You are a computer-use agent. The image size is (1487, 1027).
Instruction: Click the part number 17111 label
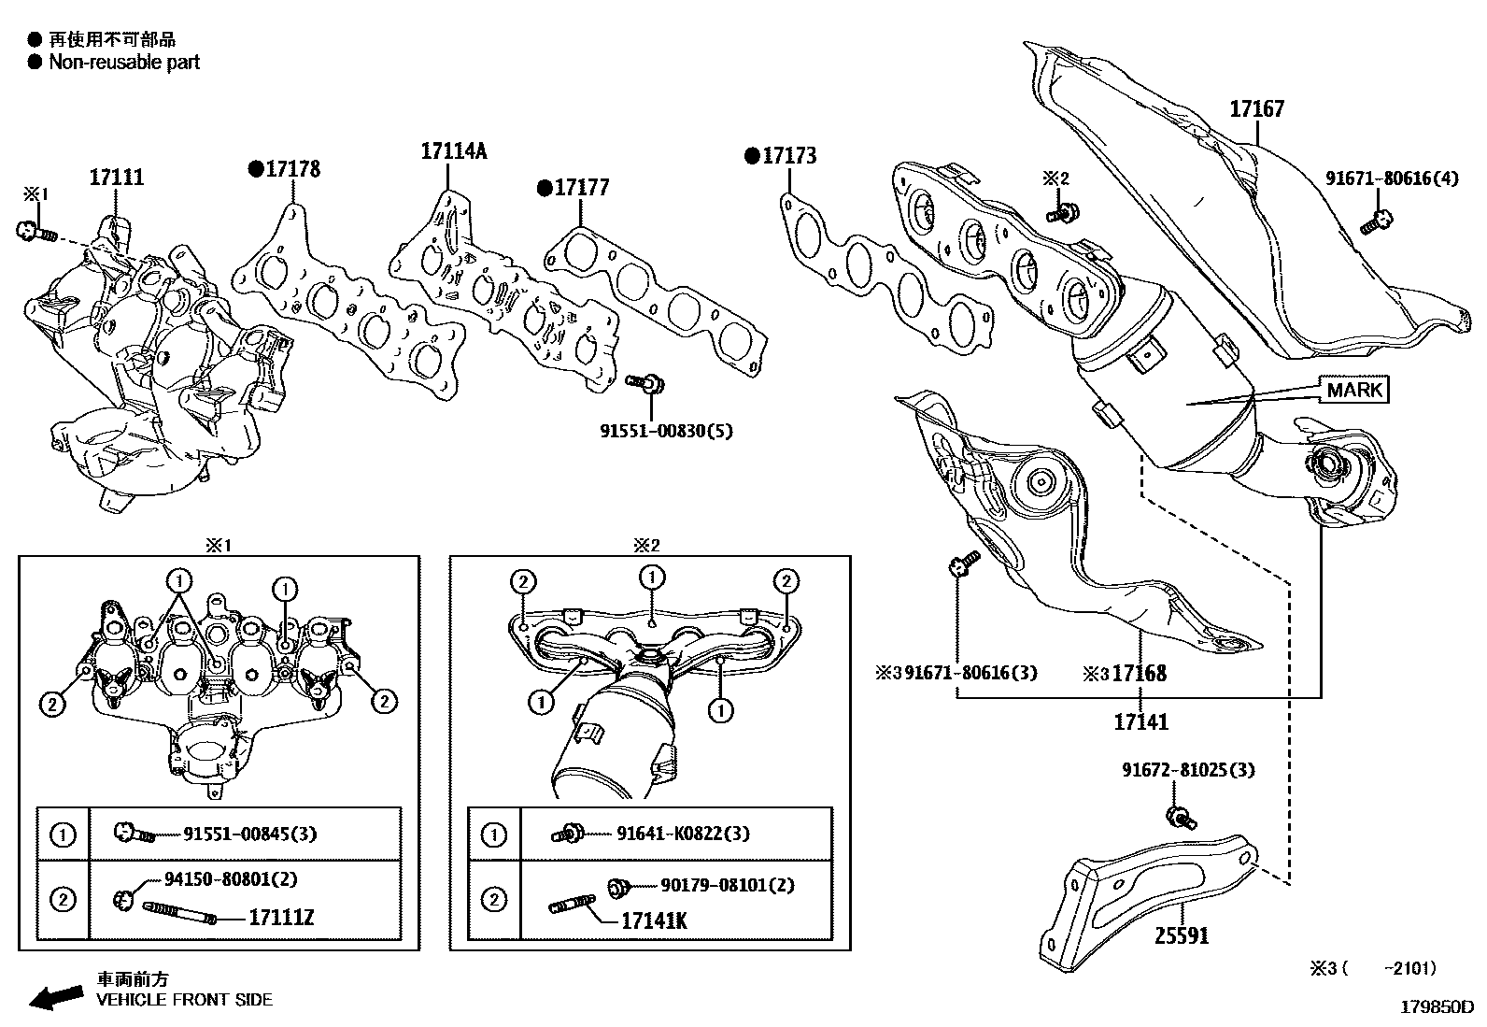[x=117, y=177]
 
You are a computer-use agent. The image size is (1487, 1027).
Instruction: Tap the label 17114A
[x=453, y=150]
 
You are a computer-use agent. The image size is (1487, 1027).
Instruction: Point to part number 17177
[x=581, y=188]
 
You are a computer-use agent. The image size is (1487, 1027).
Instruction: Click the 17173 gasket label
[x=789, y=156]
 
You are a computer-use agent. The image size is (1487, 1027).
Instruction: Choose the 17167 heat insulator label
[x=1256, y=108]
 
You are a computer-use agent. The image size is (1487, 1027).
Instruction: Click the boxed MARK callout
[x=1353, y=389]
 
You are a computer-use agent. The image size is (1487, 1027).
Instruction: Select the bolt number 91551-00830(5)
[x=666, y=431]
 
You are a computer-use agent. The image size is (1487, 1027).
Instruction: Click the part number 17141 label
[x=1140, y=722]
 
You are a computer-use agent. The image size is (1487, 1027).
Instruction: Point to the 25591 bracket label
[x=1182, y=934]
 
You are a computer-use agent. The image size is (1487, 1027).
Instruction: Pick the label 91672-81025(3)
[x=1188, y=770]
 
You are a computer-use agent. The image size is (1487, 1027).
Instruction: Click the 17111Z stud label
[x=281, y=919]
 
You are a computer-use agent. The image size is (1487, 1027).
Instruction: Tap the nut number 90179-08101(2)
[x=727, y=884]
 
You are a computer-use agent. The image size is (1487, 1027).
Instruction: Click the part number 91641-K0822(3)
[x=682, y=834]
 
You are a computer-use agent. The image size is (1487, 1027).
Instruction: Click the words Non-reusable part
[x=124, y=63]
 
